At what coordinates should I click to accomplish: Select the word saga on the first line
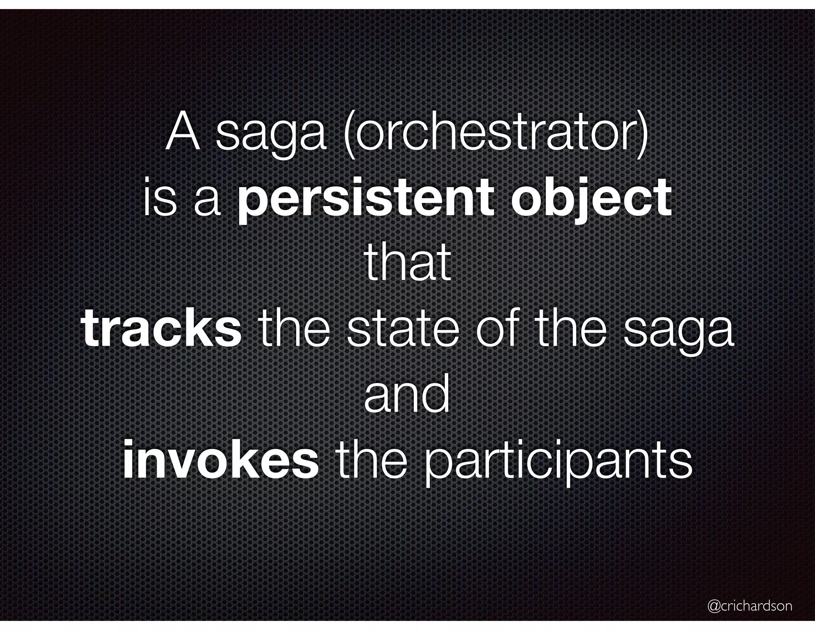(x=271, y=137)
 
